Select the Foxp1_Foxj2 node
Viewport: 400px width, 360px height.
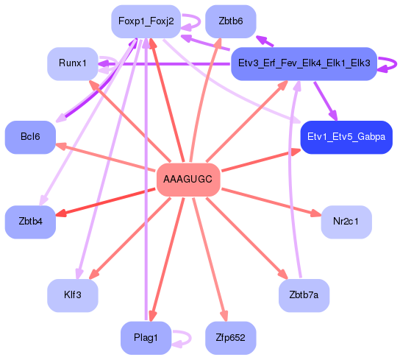[146, 21]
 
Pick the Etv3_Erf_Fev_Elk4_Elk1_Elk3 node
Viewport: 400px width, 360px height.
[304, 64]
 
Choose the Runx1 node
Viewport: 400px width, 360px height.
[73, 64]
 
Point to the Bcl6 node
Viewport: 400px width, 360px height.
[30, 137]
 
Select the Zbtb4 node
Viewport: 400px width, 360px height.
[30, 222]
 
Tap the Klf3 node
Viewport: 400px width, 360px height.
[73, 296]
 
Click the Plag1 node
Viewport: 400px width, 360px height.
[146, 338]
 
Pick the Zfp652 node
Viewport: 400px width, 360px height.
[231, 338]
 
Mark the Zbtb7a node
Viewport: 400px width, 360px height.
[304, 296]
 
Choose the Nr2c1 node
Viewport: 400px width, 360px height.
[346, 222]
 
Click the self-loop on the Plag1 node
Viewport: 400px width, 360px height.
[183, 338]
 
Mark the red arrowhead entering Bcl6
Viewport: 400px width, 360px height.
[61, 145]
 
